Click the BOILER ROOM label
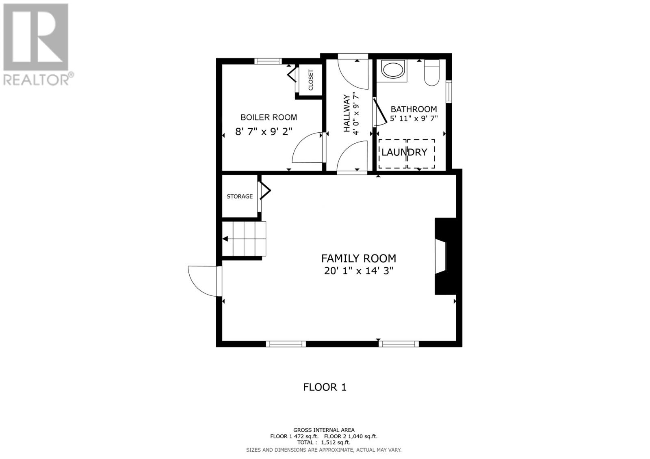pyautogui.click(x=269, y=117)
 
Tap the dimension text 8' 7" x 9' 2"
pyautogui.click(x=264, y=131)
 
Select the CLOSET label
pyautogui.click(x=311, y=80)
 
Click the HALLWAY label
pyautogui.click(x=347, y=113)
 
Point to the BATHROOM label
pyautogui.click(x=414, y=109)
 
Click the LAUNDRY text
pyautogui.click(x=404, y=152)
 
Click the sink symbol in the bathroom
pyautogui.click(x=394, y=70)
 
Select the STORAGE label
pyautogui.click(x=240, y=196)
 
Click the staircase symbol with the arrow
pyautogui.click(x=243, y=239)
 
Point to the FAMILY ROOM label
pyautogui.click(x=358, y=259)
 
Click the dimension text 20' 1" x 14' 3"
pyautogui.click(x=358, y=271)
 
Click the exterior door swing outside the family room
pyautogui.click(x=202, y=280)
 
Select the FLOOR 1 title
pyautogui.click(x=325, y=387)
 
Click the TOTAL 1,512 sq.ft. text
pyautogui.click(x=324, y=443)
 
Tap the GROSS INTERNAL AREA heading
pyautogui.click(x=324, y=430)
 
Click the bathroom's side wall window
pyautogui.click(x=449, y=92)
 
